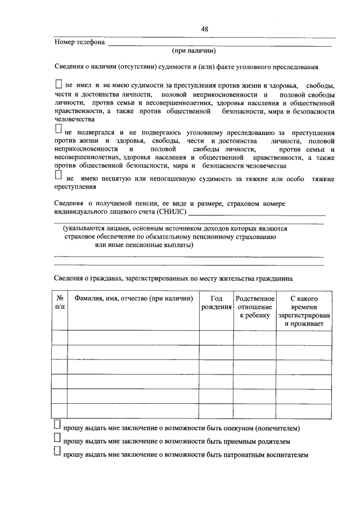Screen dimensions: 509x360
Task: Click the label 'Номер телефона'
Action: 79,42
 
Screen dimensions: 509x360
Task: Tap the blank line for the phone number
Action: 219,44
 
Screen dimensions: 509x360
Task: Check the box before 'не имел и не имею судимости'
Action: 59,84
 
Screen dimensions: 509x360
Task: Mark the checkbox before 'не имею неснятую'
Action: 58,176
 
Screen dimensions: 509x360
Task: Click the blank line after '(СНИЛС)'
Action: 256,214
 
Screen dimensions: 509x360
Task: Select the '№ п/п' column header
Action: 60,303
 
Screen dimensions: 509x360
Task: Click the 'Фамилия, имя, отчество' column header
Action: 133,298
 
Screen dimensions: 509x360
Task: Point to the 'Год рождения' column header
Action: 217,303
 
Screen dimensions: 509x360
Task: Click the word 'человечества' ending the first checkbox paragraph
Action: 75,119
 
